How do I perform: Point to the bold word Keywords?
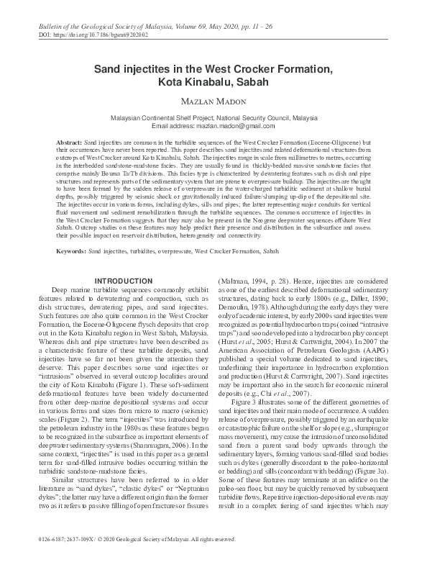tap(72, 232)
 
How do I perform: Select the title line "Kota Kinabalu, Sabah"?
tap(213, 83)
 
